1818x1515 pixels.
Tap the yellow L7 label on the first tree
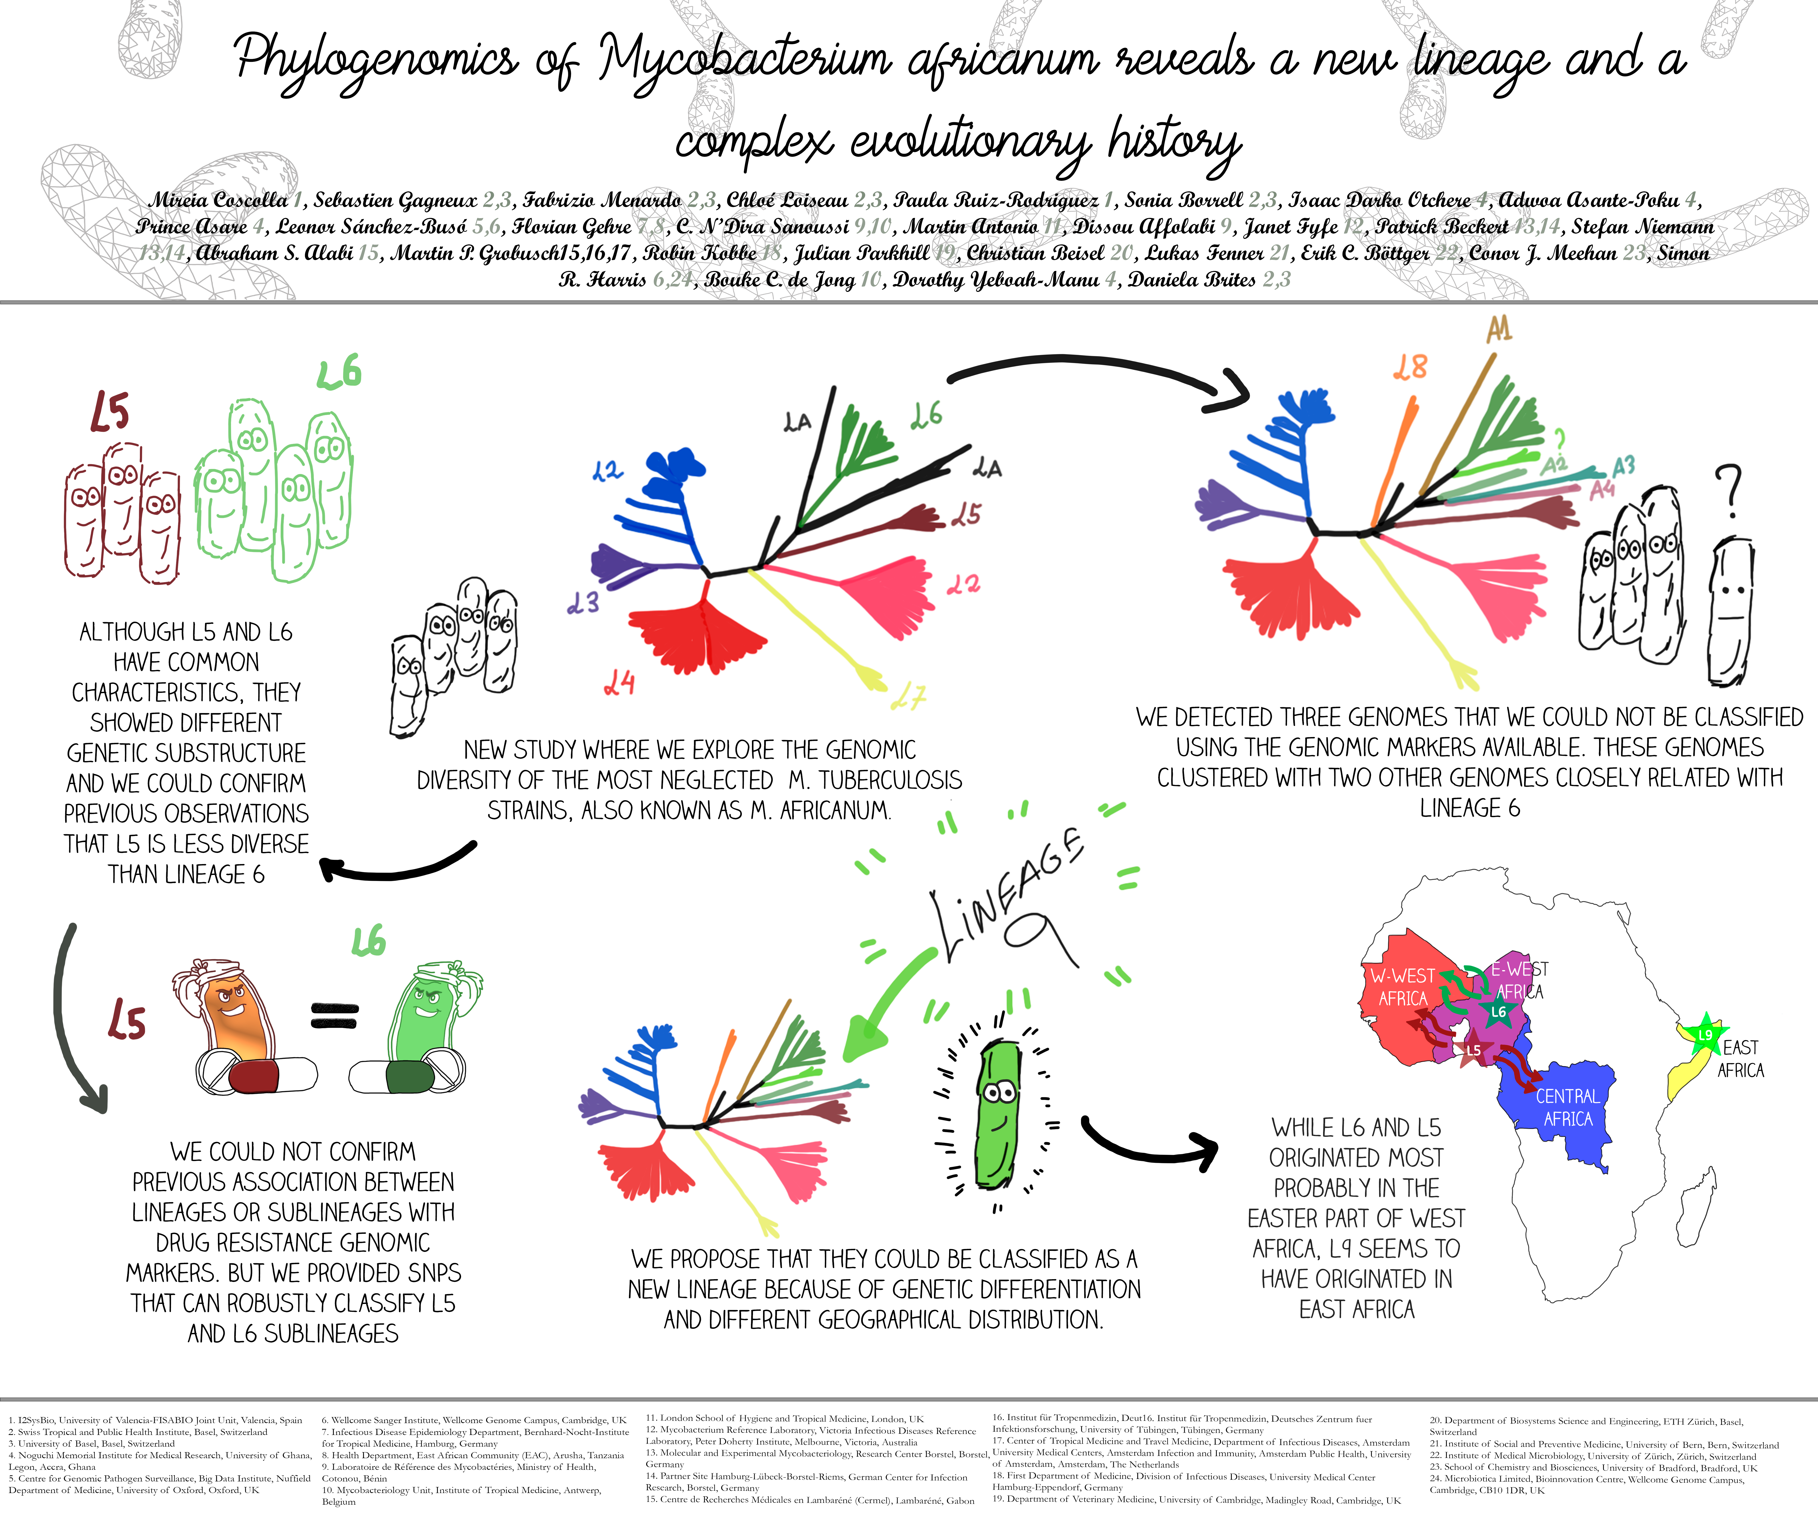click(x=909, y=696)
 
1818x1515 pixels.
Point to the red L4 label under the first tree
click(x=620, y=684)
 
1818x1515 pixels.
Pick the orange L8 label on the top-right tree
click(x=1409, y=368)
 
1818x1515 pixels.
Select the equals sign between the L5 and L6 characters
click(x=334, y=1016)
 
